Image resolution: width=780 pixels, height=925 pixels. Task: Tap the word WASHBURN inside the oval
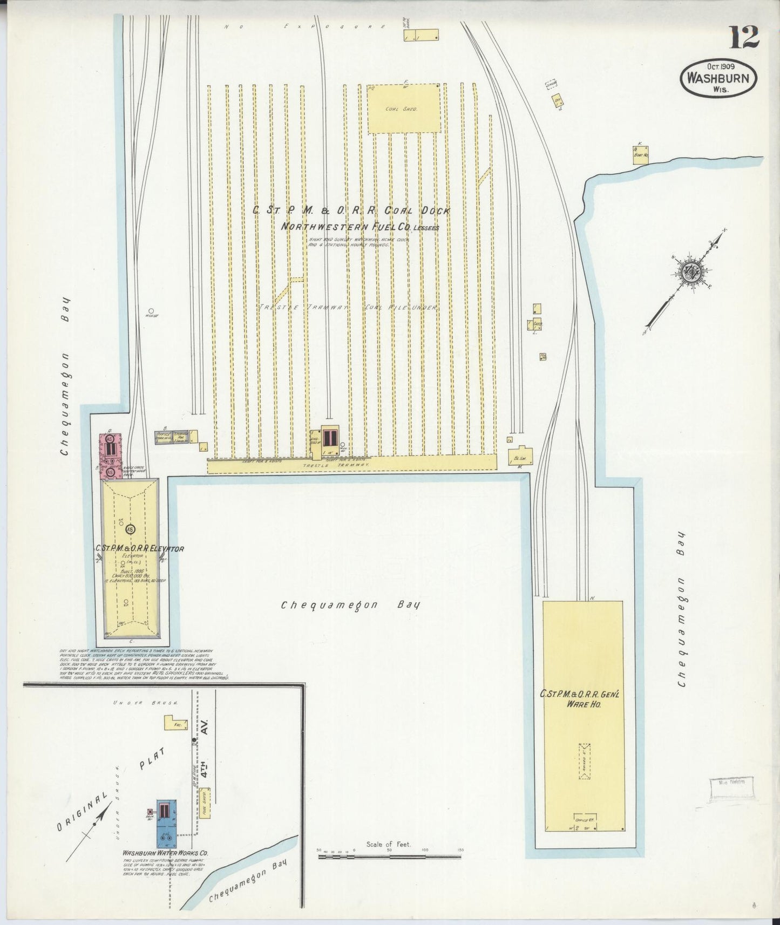coord(718,78)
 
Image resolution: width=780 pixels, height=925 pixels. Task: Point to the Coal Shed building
coord(403,109)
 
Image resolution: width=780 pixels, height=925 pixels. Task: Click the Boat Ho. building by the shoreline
coord(641,154)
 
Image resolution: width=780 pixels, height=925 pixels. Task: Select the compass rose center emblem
coord(689,271)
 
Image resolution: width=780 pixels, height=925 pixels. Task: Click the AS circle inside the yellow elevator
coord(130,529)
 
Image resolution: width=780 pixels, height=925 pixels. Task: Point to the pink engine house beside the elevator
coord(110,455)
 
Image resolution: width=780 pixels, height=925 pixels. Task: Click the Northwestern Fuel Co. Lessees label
coord(360,227)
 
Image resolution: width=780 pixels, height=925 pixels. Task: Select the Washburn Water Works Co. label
coord(165,853)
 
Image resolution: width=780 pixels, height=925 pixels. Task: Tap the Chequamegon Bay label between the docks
coord(350,605)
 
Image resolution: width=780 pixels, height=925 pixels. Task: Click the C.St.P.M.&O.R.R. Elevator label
coord(140,549)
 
